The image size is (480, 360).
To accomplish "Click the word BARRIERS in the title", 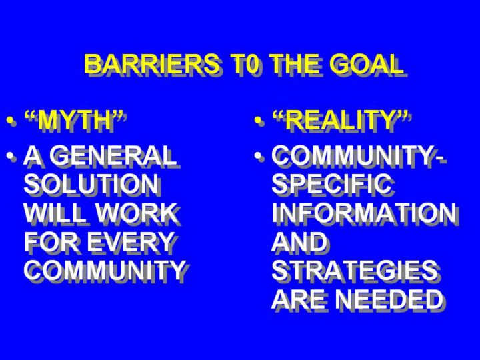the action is [x=152, y=64].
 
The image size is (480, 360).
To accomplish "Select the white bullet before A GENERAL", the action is [x=11, y=156].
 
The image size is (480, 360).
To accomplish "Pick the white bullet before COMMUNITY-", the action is [x=259, y=156].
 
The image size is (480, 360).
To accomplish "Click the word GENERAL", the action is [x=113, y=155].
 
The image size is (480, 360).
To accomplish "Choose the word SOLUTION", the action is [x=91, y=184].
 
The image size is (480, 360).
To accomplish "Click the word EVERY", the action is [x=131, y=241].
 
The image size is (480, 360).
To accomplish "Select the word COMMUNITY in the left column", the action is [x=104, y=270].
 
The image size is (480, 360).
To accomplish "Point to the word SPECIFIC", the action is [x=331, y=184].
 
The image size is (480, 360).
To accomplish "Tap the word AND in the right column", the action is [x=299, y=241].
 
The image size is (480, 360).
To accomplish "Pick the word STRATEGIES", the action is [x=355, y=270].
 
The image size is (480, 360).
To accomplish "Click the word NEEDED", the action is [x=389, y=299].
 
